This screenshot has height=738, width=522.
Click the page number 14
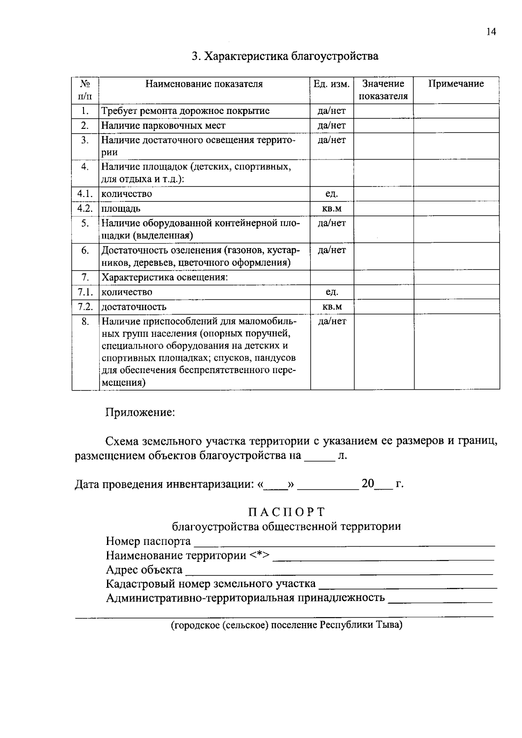491,32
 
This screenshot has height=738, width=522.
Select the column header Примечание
456,84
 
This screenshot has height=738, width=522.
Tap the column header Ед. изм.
331,84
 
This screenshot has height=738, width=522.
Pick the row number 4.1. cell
85,194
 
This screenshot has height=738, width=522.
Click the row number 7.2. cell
85,307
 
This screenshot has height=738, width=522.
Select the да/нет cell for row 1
331,111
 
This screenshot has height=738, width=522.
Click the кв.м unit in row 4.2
331,208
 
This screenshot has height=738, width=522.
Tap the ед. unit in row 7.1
331,292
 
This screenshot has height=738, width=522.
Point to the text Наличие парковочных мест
164,126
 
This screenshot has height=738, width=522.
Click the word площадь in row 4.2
121,208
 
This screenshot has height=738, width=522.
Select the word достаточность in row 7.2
134,307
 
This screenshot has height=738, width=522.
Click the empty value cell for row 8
383,351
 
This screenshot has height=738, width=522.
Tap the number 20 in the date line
368,484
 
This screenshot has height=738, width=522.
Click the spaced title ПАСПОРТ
286,511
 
